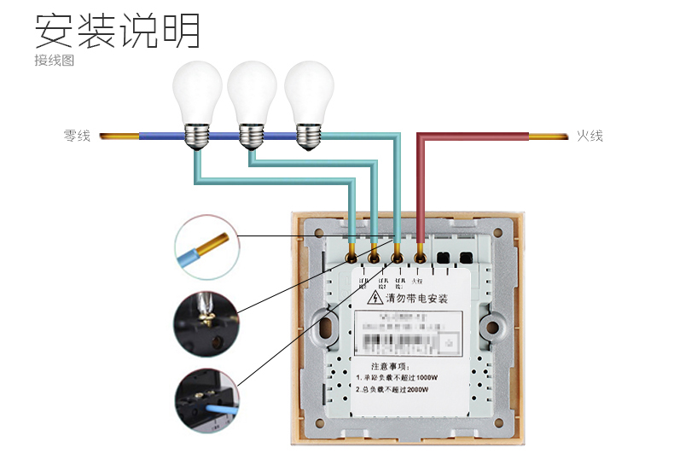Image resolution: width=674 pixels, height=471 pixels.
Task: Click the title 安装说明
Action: [118, 31]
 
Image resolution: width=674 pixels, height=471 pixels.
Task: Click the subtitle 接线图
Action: [55, 61]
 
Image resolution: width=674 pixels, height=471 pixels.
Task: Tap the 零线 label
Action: [77, 136]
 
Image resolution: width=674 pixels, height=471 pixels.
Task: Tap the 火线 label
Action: [590, 136]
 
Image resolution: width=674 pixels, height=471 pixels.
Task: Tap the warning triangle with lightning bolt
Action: [375, 299]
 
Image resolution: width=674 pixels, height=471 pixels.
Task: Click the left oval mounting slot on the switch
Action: [325, 328]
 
